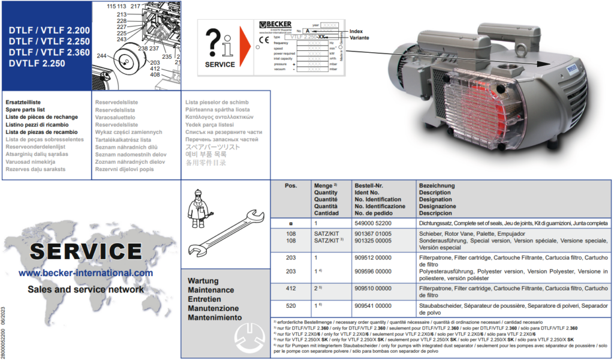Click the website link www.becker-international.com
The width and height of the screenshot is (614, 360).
86,273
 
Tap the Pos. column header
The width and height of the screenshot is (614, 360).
291,186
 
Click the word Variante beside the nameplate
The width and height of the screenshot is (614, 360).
360,37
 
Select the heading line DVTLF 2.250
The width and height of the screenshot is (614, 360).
34,64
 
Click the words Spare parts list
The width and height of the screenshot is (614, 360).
25,110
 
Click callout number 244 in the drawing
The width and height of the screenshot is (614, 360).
101,56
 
